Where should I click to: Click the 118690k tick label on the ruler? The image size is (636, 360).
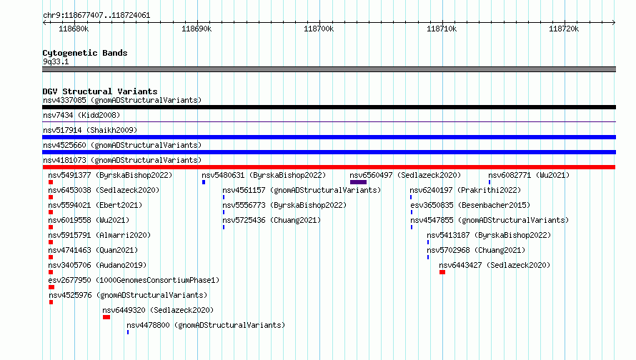(x=197, y=29)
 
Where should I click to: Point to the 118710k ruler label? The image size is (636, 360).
(x=442, y=29)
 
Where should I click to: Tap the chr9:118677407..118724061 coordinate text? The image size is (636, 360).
(x=96, y=16)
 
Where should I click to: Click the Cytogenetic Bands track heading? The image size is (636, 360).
(x=85, y=53)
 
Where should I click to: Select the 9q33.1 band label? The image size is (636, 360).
(x=56, y=61)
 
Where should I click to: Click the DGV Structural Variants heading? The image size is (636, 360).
(x=100, y=91)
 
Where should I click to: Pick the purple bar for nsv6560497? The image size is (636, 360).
(x=358, y=182)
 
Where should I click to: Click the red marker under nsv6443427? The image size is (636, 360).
(x=442, y=272)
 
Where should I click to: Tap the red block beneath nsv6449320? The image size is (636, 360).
(x=106, y=317)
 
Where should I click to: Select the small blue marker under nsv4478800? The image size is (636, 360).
(x=128, y=332)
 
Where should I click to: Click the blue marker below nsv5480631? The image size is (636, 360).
(x=204, y=182)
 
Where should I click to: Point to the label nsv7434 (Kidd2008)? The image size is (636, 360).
(x=81, y=115)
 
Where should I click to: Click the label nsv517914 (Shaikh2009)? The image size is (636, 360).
(x=90, y=130)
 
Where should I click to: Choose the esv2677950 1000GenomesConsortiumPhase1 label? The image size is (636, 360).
(x=134, y=280)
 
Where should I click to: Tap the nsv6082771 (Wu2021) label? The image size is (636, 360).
(x=529, y=175)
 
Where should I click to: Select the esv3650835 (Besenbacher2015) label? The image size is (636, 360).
(x=470, y=205)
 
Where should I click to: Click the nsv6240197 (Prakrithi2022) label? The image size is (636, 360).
(x=465, y=190)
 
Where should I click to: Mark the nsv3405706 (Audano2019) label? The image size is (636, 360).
(x=97, y=265)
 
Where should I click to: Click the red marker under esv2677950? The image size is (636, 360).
(x=51, y=287)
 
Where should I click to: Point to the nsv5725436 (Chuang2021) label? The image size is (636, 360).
(x=272, y=220)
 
